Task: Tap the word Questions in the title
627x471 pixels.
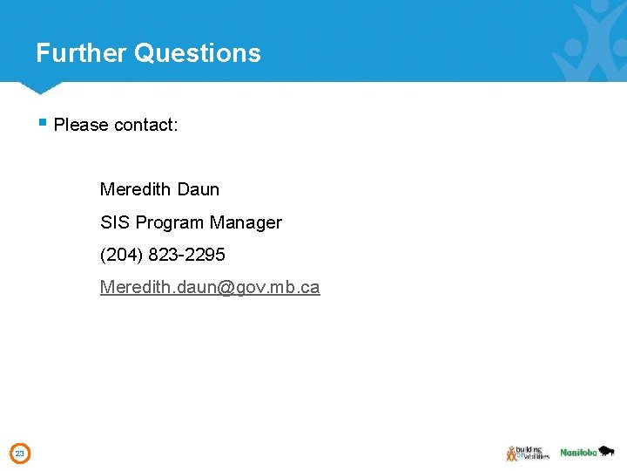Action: click(198, 53)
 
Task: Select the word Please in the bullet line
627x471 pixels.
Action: click(81, 125)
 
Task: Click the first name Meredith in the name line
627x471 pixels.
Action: click(135, 189)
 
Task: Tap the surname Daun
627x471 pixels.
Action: click(198, 189)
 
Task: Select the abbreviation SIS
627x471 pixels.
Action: click(115, 222)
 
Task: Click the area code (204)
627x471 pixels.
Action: click(120, 255)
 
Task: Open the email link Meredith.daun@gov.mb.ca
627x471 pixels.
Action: click(210, 287)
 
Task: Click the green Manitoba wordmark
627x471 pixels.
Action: click(578, 453)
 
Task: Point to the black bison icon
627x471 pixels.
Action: click(607, 451)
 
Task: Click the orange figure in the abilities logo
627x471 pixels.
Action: click(511, 453)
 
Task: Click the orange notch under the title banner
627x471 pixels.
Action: click(37, 88)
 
